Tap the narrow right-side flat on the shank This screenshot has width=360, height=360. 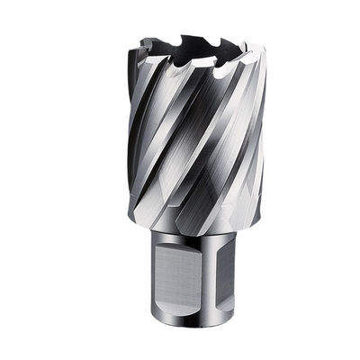229,274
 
